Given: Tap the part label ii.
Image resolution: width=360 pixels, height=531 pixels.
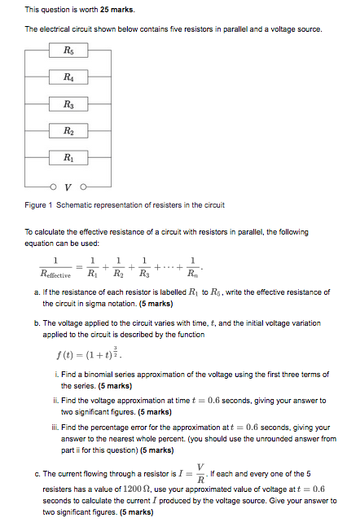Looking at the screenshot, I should (55, 401).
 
